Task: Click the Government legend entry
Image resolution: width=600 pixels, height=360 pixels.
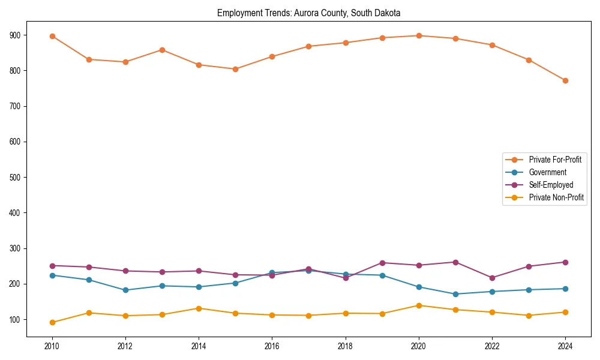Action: (x=547, y=172)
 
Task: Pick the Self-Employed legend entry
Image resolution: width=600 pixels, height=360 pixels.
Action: (x=551, y=185)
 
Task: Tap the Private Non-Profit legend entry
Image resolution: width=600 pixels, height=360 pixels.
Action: (x=556, y=197)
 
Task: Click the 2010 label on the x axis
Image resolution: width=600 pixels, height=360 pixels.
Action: (x=52, y=345)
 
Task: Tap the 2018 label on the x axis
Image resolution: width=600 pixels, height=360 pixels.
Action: (x=345, y=345)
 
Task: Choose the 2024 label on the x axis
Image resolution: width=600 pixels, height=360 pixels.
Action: (x=565, y=345)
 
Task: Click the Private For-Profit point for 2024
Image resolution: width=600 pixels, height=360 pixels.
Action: (x=565, y=80)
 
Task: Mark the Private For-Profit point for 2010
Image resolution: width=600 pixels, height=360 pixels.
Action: (x=52, y=36)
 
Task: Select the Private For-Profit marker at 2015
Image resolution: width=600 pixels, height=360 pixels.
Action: (x=235, y=69)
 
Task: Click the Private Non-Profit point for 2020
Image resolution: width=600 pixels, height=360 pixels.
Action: (x=419, y=305)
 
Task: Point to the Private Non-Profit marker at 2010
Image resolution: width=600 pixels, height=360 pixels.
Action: (x=52, y=322)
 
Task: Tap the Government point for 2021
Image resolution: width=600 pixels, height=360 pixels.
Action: (x=455, y=294)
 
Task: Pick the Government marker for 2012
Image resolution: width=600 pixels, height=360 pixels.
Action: (x=125, y=290)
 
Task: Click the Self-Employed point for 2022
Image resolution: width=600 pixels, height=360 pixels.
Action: (x=492, y=278)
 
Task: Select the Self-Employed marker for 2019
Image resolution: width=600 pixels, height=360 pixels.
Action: (x=382, y=263)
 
